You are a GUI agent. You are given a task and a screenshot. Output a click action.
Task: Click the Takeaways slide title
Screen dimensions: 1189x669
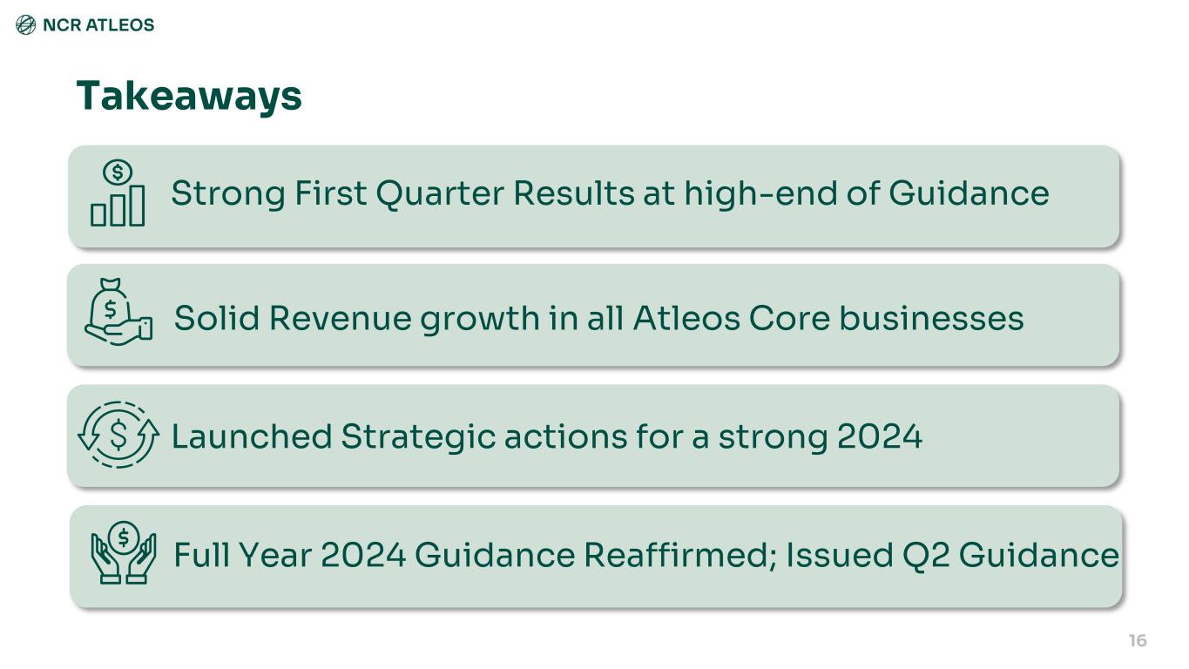189,96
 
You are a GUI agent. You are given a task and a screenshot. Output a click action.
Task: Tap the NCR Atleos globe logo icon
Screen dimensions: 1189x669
25,25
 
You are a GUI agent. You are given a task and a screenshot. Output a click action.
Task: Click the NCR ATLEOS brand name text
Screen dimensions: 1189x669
98,25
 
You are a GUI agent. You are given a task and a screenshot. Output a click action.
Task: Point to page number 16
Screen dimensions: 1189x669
1138,640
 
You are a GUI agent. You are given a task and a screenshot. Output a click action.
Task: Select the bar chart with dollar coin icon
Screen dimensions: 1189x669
118,193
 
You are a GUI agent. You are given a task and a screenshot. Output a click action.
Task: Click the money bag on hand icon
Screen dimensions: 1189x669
118,312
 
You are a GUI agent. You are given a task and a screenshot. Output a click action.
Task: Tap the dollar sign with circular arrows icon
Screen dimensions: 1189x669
118,435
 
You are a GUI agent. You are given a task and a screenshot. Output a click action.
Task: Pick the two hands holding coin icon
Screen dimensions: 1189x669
124,553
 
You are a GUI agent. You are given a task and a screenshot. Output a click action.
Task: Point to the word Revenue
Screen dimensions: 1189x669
341,318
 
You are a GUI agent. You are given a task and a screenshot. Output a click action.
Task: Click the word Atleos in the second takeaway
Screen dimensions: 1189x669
686,318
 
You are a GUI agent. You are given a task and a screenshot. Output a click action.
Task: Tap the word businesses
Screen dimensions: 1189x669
931,318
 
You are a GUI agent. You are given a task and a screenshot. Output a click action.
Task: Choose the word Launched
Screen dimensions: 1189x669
252,436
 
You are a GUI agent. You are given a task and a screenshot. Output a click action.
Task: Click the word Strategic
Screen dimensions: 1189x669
418,437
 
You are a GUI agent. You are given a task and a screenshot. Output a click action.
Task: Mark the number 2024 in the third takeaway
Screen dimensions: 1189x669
880,436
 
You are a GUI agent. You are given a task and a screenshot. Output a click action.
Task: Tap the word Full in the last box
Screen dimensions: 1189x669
202,556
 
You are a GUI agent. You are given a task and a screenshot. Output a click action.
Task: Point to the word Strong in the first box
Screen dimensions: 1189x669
228,194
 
